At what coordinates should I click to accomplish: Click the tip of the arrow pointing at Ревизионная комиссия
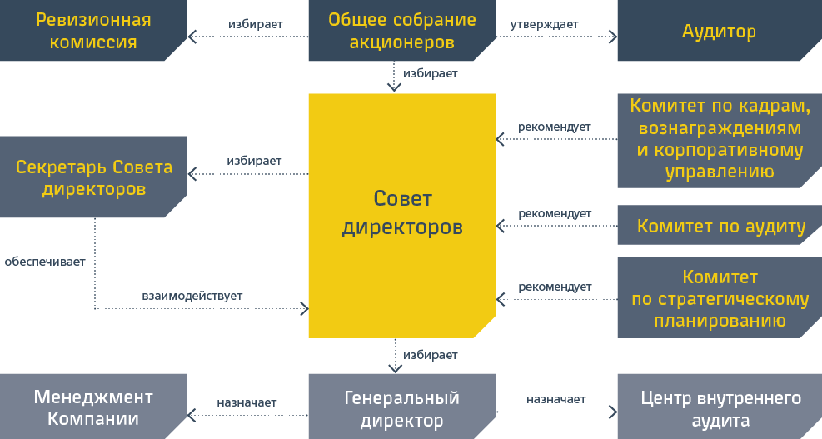pyautogui.click(x=189, y=37)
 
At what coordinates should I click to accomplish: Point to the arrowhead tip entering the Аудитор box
pyautogui.click(x=617, y=37)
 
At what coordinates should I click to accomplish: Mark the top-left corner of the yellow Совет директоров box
pyautogui.click(x=309, y=94)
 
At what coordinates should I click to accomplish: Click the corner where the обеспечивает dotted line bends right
pyautogui.click(x=95, y=308)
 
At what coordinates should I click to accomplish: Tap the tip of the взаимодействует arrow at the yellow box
pyautogui.click(x=308, y=308)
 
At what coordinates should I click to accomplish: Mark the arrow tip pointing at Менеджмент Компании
pyautogui.click(x=187, y=415)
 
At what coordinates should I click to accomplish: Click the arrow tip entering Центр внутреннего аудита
pyautogui.click(x=617, y=412)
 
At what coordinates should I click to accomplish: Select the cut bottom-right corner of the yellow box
pyautogui.click(x=485, y=327)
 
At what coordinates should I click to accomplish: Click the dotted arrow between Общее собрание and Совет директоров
pyautogui.click(x=394, y=77)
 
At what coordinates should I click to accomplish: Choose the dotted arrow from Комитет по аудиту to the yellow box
pyautogui.click(x=556, y=226)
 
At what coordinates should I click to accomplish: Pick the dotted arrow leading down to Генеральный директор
pyautogui.click(x=395, y=356)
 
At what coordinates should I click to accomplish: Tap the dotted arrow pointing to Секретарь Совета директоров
pyautogui.click(x=248, y=173)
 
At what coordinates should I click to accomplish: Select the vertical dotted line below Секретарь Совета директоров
pyautogui.click(x=95, y=262)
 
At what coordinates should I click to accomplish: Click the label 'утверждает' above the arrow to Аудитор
pyautogui.click(x=544, y=25)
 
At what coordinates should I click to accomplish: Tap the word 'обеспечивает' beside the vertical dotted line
pyautogui.click(x=45, y=262)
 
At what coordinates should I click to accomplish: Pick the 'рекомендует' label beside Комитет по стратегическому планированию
pyautogui.click(x=555, y=287)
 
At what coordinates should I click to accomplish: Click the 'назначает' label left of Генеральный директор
pyautogui.click(x=247, y=403)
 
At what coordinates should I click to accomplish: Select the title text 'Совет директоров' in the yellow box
pyautogui.click(x=402, y=212)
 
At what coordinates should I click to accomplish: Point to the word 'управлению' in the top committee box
pyautogui.click(x=720, y=172)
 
